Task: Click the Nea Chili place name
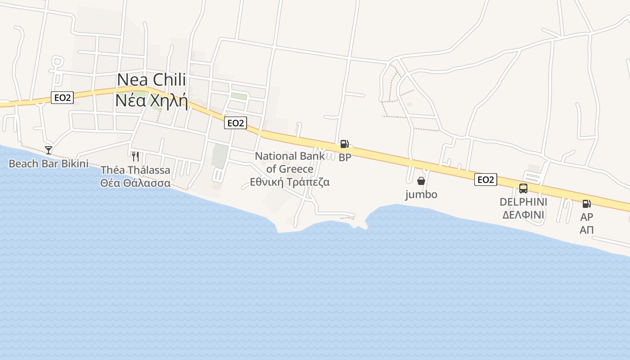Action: click(151, 80)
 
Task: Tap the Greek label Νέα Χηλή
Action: click(151, 100)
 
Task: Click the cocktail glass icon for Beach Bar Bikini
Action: click(49, 150)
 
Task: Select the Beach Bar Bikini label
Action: click(49, 163)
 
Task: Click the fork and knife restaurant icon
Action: click(135, 156)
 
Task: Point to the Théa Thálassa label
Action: click(135, 170)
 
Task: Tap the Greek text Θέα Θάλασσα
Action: click(135, 183)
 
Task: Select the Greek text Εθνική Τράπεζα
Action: click(290, 182)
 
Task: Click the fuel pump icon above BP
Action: click(344, 144)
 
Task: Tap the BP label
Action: click(345, 157)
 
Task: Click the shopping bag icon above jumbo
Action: click(421, 181)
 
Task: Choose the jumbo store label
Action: click(421, 194)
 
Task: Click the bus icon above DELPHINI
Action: click(523, 189)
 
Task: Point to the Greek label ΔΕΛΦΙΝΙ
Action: click(523, 215)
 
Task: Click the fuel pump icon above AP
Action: click(586, 204)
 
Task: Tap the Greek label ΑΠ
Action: click(586, 230)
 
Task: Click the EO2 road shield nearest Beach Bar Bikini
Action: click(62, 98)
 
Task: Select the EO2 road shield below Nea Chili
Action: click(235, 123)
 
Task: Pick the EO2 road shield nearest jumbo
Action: click(486, 180)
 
